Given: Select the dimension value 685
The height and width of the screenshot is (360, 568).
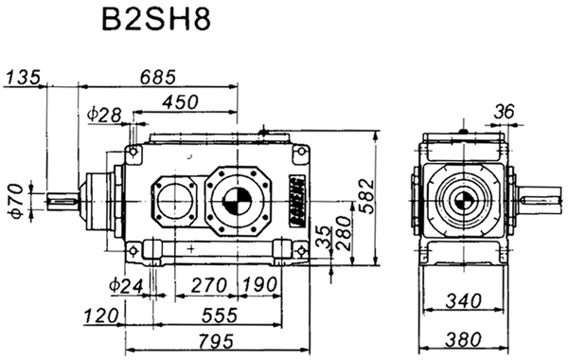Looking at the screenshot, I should [158, 77].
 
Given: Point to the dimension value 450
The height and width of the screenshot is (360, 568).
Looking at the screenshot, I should [180, 100].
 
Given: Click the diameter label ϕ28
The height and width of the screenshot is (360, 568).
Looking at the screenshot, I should [103, 115].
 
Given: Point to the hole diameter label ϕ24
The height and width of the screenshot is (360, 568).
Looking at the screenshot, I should [125, 283].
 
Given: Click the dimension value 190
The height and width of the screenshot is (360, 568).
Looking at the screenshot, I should [256, 283].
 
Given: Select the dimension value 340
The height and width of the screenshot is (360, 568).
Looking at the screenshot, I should [464, 302].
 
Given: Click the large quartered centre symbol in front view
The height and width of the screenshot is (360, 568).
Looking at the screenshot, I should [237, 201].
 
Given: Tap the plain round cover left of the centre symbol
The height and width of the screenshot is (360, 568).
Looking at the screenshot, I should [171, 203].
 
